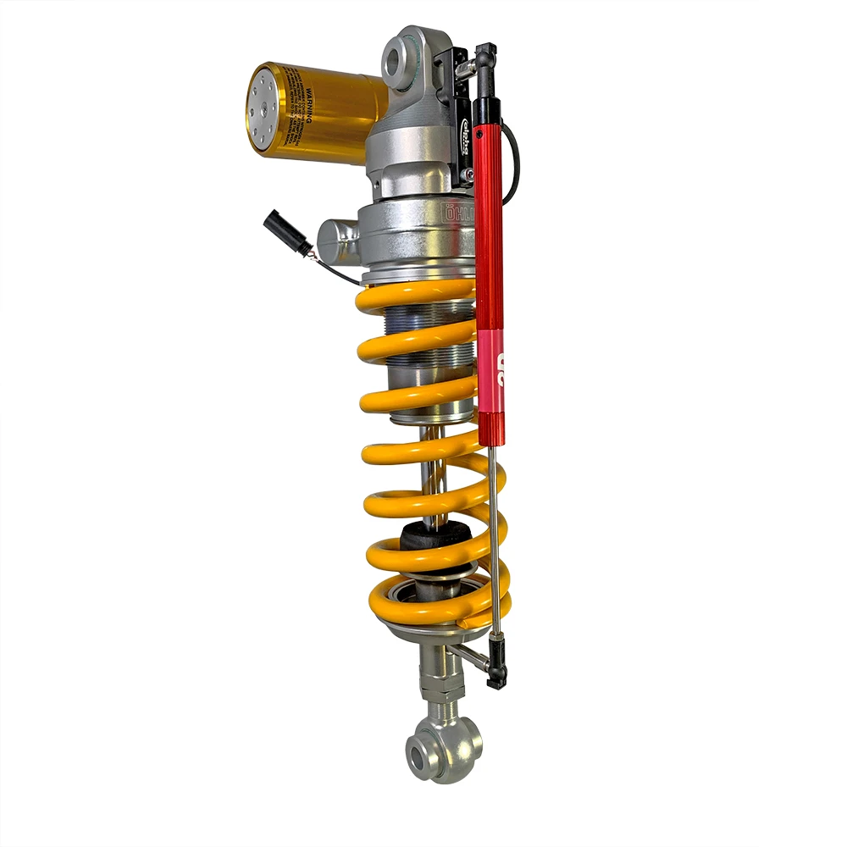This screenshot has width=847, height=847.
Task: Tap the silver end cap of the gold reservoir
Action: click(x=263, y=110)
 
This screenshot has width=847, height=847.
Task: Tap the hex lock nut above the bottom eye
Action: click(x=441, y=703)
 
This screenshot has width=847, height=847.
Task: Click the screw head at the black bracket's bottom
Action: click(x=467, y=175)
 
